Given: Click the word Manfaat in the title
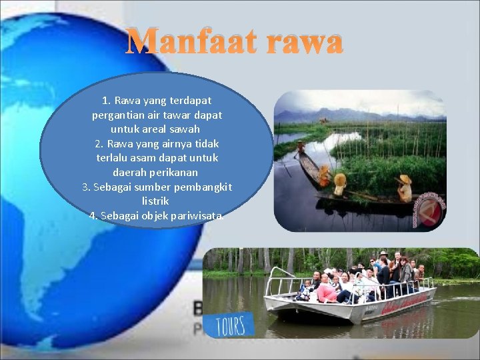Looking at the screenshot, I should point(190,42).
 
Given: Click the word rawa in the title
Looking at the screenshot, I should point(304,42).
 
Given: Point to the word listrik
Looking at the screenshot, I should point(156,201).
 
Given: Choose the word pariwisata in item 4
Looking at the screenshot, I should point(194,215).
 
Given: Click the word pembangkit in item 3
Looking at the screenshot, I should point(199,187).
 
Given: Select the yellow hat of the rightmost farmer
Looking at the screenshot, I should point(404,179).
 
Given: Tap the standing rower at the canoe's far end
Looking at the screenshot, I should point(301,149).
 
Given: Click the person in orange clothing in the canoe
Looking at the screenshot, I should point(325,175).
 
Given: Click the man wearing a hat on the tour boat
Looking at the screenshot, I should point(383,266).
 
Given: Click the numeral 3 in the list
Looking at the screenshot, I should point(85,187).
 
